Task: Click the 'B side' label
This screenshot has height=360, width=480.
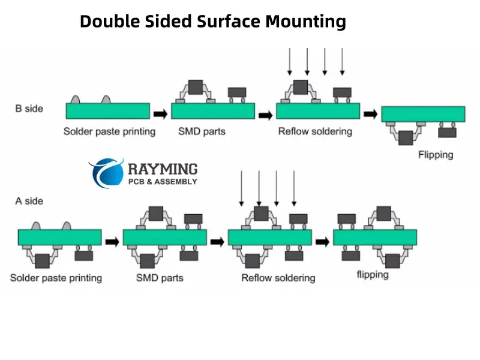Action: (x=29, y=109)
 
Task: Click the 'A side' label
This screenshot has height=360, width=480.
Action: (x=29, y=201)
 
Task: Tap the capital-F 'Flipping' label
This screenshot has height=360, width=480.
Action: (x=436, y=155)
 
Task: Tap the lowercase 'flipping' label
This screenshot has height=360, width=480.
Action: (x=373, y=275)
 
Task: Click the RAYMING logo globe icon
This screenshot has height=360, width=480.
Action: (x=106, y=174)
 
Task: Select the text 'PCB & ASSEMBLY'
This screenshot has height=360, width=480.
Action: (x=163, y=182)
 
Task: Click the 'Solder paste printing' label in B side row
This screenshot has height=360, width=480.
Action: (x=109, y=131)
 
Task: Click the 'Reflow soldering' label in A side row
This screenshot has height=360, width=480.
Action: (x=278, y=278)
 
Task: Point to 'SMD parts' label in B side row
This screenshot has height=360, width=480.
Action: (x=202, y=131)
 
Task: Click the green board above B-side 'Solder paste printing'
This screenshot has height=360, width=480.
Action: (x=108, y=111)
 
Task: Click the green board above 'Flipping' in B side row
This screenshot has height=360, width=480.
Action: (x=423, y=113)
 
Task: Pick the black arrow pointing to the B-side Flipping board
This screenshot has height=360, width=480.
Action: (x=371, y=113)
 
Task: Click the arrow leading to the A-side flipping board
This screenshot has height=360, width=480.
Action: (x=323, y=241)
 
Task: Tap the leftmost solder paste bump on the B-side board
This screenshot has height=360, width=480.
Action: (x=76, y=99)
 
